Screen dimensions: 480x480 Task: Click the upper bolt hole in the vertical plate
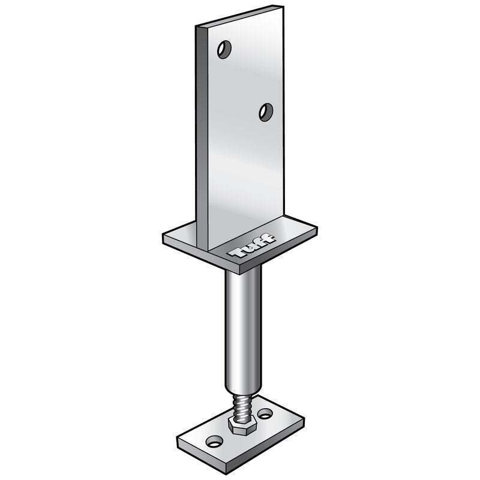point(224,49)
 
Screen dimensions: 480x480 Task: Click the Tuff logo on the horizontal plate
point(253,247)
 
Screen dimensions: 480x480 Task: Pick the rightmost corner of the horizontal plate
point(317,228)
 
